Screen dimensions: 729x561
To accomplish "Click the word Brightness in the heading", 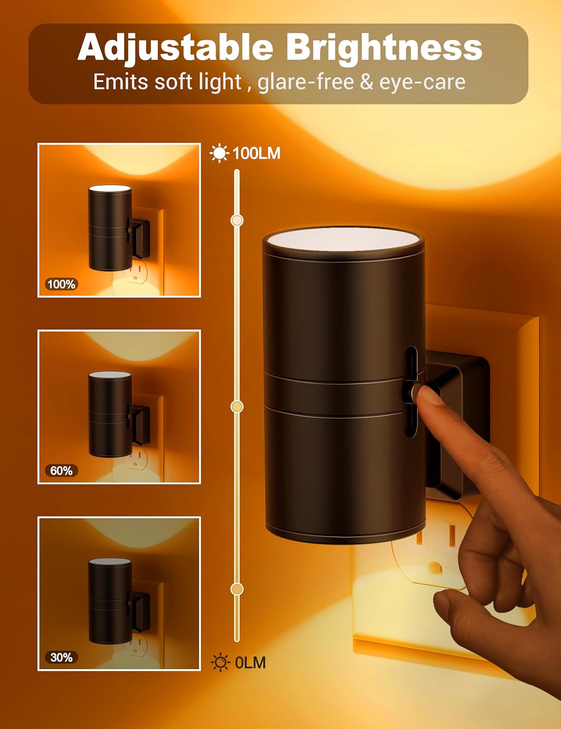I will [384, 48].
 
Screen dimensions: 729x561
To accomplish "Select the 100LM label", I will [256, 154].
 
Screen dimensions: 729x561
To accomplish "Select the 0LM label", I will [250, 663].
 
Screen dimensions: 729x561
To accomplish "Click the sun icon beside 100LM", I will [219, 153].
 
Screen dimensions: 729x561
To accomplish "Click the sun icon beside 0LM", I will [220, 663].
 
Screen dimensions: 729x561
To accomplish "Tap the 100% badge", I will [61, 284].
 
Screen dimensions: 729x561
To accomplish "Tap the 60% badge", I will [61, 470].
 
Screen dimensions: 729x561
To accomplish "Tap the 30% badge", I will [61, 658].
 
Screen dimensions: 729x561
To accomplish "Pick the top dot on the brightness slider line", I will [237, 221].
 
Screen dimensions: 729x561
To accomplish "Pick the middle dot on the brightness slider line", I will [237, 406].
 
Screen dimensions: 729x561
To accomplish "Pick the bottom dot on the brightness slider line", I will [237, 589].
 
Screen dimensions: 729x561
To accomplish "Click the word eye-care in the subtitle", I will [422, 82].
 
